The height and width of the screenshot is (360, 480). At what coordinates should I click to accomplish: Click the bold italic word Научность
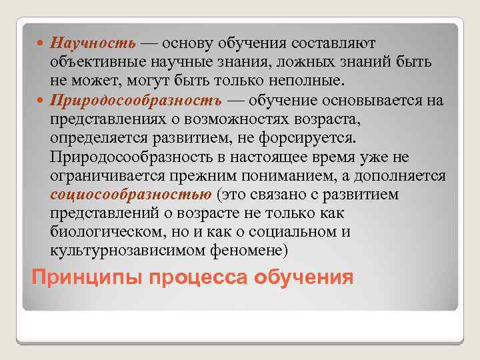(94, 43)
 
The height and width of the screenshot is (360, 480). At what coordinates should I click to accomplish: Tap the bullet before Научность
(43, 43)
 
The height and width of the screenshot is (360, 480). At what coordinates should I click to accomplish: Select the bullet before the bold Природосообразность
(43, 101)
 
